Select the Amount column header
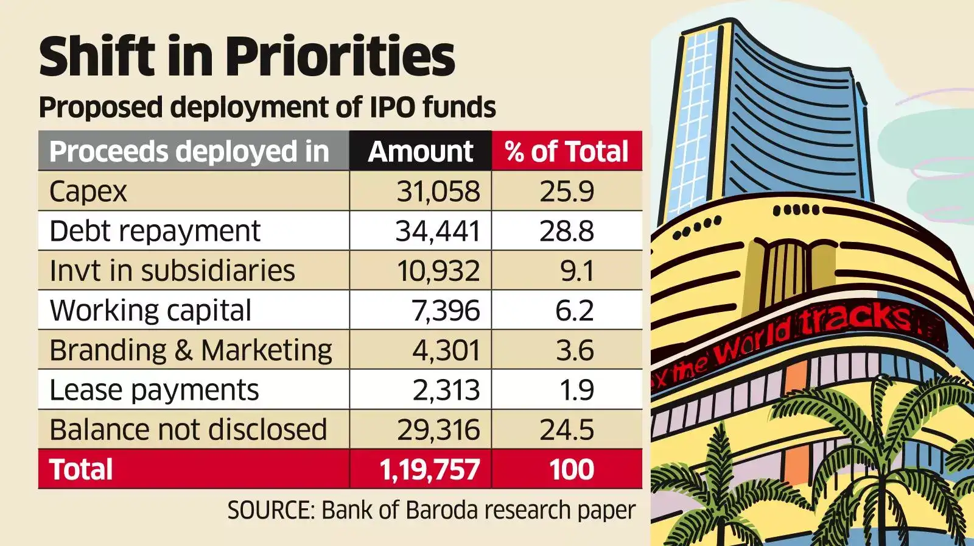click(x=420, y=152)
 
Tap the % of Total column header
click(x=567, y=152)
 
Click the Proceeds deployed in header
click(x=189, y=152)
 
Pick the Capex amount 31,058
click(x=438, y=191)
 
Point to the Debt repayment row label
click(x=155, y=232)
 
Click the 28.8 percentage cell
click(x=566, y=232)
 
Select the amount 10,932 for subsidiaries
click(x=438, y=271)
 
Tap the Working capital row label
click(x=150, y=311)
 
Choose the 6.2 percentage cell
click(x=574, y=311)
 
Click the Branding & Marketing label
click(x=191, y=350)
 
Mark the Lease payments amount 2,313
click(x=446, y=390)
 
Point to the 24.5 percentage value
click(x=566, y=430)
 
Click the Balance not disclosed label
click(x=188, y=430)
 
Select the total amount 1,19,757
click(x=430, y=470)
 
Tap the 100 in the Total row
click(x=571, y=470)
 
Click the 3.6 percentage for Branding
click(x=574, y=350)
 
